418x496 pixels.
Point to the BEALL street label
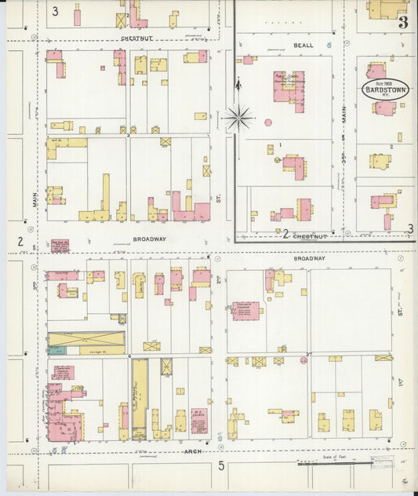[x=304, y=46]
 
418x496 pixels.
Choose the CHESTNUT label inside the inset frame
[x=309, y=234]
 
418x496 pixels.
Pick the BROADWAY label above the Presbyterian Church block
[x=309, y=257]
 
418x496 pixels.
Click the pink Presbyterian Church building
[x=245, y=311]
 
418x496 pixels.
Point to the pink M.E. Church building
[x=199, y=420]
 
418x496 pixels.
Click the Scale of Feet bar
[x=345, y=463]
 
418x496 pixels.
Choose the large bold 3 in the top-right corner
[x=402, y=21]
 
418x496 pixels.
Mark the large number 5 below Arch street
[x=221, y=466]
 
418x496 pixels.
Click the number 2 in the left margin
[x=20, y=241]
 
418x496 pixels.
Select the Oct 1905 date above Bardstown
[x=384, y=82]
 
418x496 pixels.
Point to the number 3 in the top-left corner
[x=55, y=12]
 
